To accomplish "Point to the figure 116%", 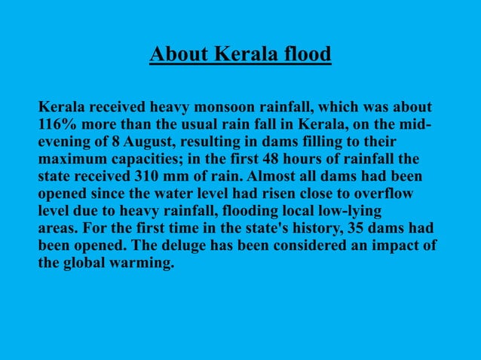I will [57, 124].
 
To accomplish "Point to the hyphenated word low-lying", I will [348, 212].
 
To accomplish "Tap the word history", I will [329, 229].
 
